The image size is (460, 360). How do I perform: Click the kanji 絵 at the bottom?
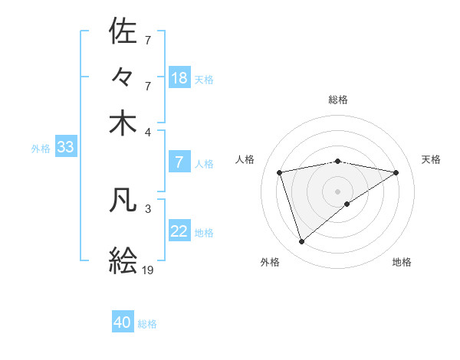pos(123,260)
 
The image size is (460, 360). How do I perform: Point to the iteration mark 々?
pos(123,77)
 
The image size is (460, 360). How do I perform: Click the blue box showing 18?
pos(179,77)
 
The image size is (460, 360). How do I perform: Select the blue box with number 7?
pos(179,162)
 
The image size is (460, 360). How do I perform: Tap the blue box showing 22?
pos(179,231)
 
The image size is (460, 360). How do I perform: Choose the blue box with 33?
pos(64,147)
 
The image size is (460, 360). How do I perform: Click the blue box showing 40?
pos(123,322)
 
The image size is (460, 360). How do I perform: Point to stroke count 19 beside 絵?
pos(148,270)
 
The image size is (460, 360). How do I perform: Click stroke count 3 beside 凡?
pos(148,208)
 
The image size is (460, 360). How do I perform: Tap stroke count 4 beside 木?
pos(148,132)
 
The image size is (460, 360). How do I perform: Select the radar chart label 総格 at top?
pos(338,100)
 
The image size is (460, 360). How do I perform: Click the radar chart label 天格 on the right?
pos(431,159)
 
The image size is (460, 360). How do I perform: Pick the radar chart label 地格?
pos(402,262)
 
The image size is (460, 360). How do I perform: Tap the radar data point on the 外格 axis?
pos(301,242)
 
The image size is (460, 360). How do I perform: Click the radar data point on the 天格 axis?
pos(396,172)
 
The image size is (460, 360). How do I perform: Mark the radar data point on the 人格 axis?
pos(280,172)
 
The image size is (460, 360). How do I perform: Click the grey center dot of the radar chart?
pos(338,191)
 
